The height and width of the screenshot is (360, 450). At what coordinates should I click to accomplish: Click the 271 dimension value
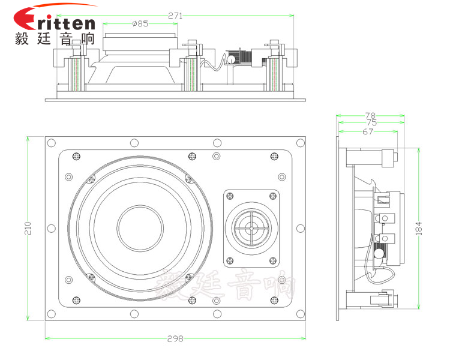click(175, 16)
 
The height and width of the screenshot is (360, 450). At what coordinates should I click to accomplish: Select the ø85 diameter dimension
click(140, 24)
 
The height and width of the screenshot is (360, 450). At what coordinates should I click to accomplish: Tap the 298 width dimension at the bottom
click(175, 338)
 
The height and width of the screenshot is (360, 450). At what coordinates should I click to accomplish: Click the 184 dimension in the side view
click(419, 227)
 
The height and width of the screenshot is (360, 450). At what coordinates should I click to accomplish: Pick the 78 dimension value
click(370, 115)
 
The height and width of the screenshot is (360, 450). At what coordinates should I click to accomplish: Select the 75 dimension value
click(370, 123)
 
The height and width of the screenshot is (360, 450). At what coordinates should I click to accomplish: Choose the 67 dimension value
click(368, 131)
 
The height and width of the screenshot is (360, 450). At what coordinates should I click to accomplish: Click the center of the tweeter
click(252, 228)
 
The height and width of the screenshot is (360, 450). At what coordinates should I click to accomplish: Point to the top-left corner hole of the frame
click(51, 143)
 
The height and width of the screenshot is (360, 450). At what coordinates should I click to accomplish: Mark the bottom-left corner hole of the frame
click(51, 314)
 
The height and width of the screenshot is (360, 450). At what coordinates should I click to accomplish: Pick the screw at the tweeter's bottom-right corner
click(273, 261)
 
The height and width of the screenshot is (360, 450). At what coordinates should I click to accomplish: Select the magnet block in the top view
click(140, 44)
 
